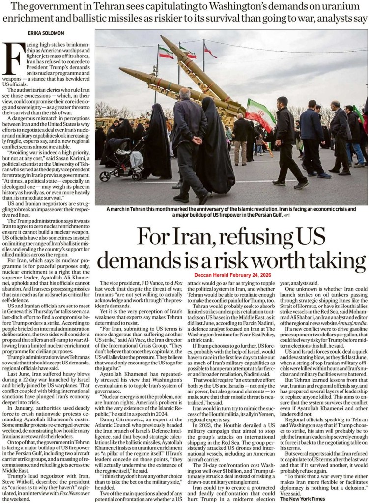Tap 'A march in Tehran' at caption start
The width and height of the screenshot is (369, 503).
(127, 208)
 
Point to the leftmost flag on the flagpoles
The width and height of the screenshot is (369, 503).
(165, 53)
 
